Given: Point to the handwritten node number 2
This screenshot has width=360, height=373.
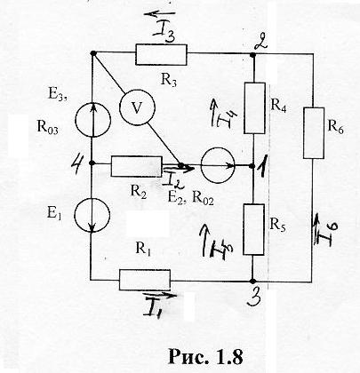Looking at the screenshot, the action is pyautogui.click(x=261, y=43).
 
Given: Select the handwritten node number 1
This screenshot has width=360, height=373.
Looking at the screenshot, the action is pyautogui.click(x=261, y=170).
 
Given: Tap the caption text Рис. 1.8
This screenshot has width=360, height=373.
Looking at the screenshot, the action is pyautogui.click(x=205, y=356).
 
